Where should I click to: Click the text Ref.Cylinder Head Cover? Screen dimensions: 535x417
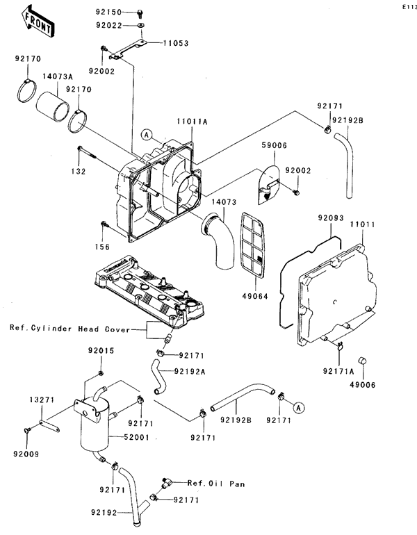point(69,328)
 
